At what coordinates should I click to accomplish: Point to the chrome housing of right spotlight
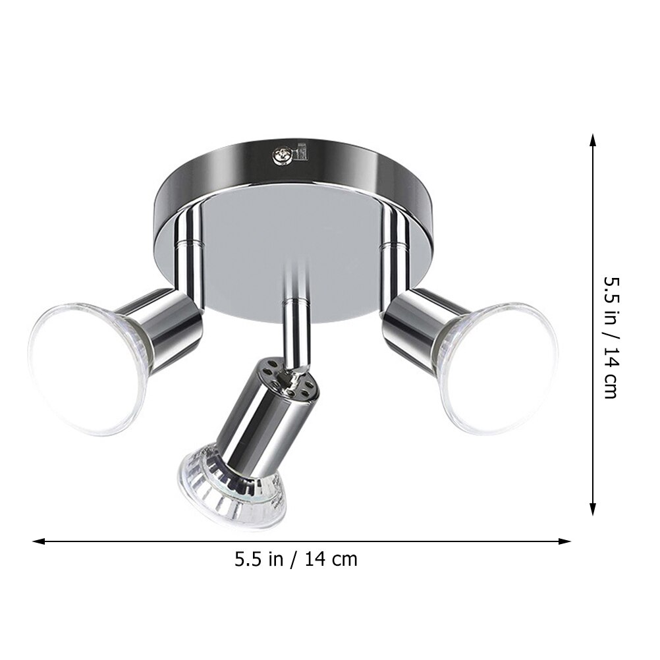(x=415, y=320)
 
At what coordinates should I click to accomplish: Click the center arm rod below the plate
(x=295, y=323)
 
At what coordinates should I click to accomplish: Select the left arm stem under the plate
(x=191, y=244)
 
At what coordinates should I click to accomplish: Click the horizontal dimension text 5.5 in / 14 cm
(x=296, y=559)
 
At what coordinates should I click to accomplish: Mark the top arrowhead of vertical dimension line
(x=593, y=140)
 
